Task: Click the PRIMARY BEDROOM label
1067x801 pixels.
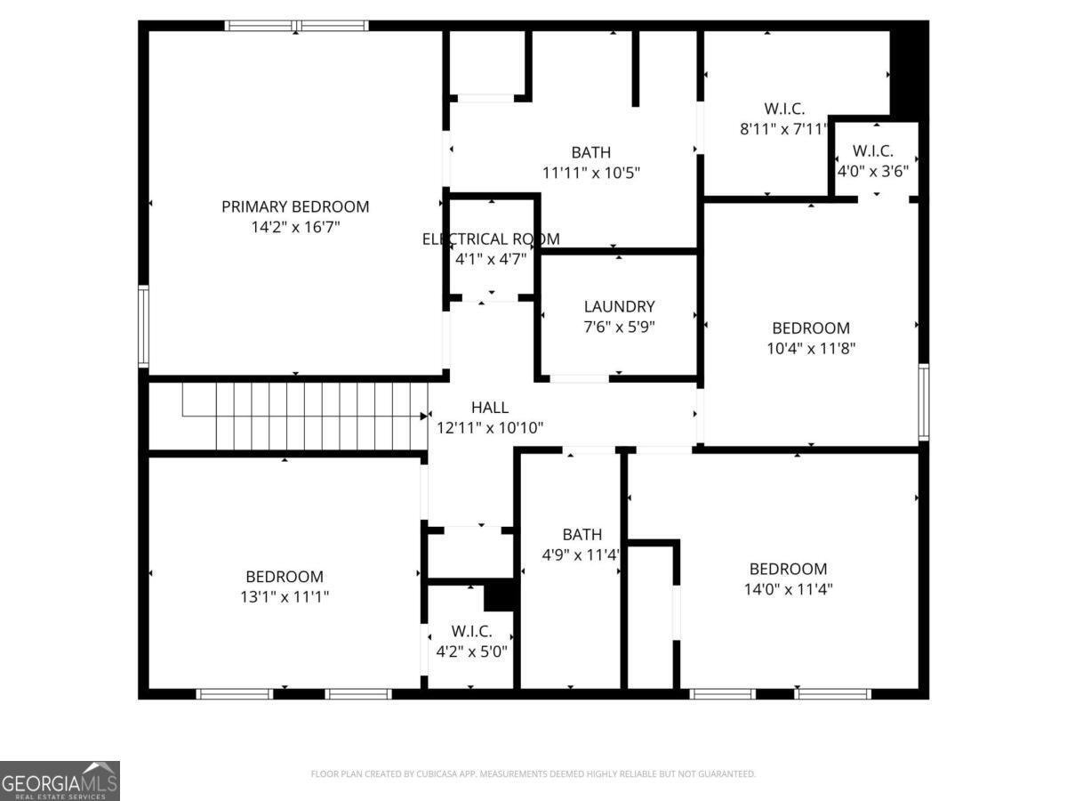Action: click(295, 206)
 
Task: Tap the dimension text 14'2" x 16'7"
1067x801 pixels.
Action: click(295, 228)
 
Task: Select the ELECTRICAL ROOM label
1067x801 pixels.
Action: click(491, 239)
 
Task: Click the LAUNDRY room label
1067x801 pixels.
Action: click(619, 306)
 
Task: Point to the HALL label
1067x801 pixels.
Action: click(490, 407)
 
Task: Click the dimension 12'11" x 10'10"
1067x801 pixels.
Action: click(490, 428)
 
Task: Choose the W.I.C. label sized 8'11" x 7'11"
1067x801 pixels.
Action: click(784, 109)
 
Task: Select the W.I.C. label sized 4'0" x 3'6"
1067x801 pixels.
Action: click(872, 151)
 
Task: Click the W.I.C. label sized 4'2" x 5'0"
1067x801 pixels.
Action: click(471, 631)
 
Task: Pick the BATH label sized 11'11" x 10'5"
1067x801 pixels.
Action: click(590, 152)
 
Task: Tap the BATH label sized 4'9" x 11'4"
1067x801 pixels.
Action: click(582, 534)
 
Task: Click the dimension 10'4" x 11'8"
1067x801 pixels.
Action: click(810, 349)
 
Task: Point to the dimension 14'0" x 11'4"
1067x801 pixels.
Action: click(788, 589)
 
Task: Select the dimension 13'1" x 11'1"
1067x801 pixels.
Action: click(285, 597)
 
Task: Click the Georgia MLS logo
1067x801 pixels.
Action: click(60, 781)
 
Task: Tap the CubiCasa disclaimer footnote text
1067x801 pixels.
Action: click(533, 774)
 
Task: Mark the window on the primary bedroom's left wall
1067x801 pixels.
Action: click(143, 326)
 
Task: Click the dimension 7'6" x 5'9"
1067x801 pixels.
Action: click(619, 328)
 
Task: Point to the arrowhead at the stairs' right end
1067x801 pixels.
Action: click(424, 416)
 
